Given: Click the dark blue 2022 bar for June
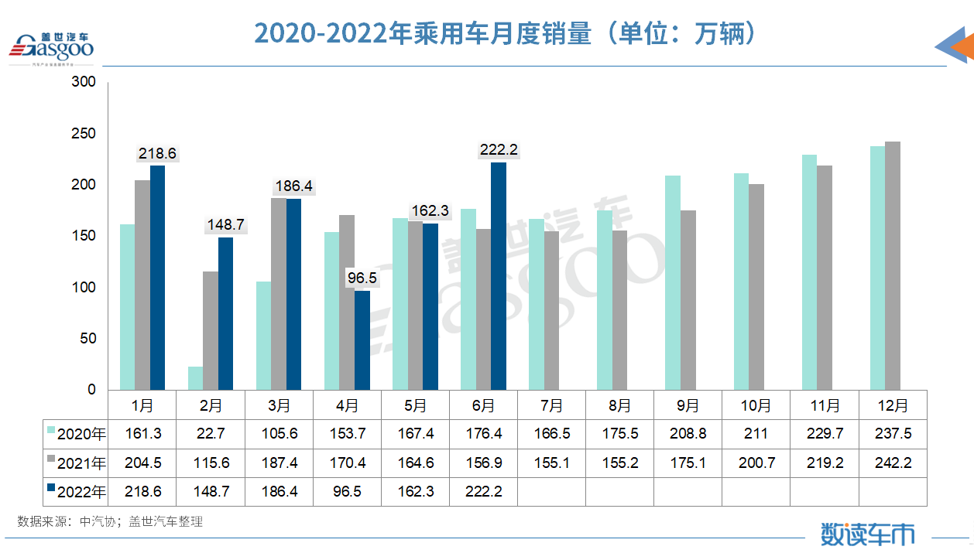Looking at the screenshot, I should [x=499, y=276].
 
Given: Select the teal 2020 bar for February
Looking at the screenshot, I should [x=195, y=378].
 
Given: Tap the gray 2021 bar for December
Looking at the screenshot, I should [x=893, y=265].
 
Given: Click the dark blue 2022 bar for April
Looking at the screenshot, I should [x=362, y=340].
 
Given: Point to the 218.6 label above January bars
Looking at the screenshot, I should [x=157, y=154].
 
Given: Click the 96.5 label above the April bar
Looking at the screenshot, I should [x=362, y=276].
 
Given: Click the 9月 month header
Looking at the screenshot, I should [x=688, y=405].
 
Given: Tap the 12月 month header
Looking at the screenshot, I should [x=893, y=405].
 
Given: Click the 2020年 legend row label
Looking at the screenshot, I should [x=81, y=434].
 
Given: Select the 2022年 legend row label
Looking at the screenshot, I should [x=81, y=491].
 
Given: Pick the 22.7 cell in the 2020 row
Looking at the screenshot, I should [x=211, y=434].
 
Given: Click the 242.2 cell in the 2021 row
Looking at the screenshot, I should [x=893, y=463].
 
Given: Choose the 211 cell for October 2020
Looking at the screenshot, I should [x=756, y=434].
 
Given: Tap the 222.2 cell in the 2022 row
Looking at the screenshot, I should [x=483, y=491].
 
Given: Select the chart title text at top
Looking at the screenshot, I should [x=505, y=33].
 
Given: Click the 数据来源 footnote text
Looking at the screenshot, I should [x=110, y=522].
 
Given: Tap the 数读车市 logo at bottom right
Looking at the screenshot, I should [x=867, y=534].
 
